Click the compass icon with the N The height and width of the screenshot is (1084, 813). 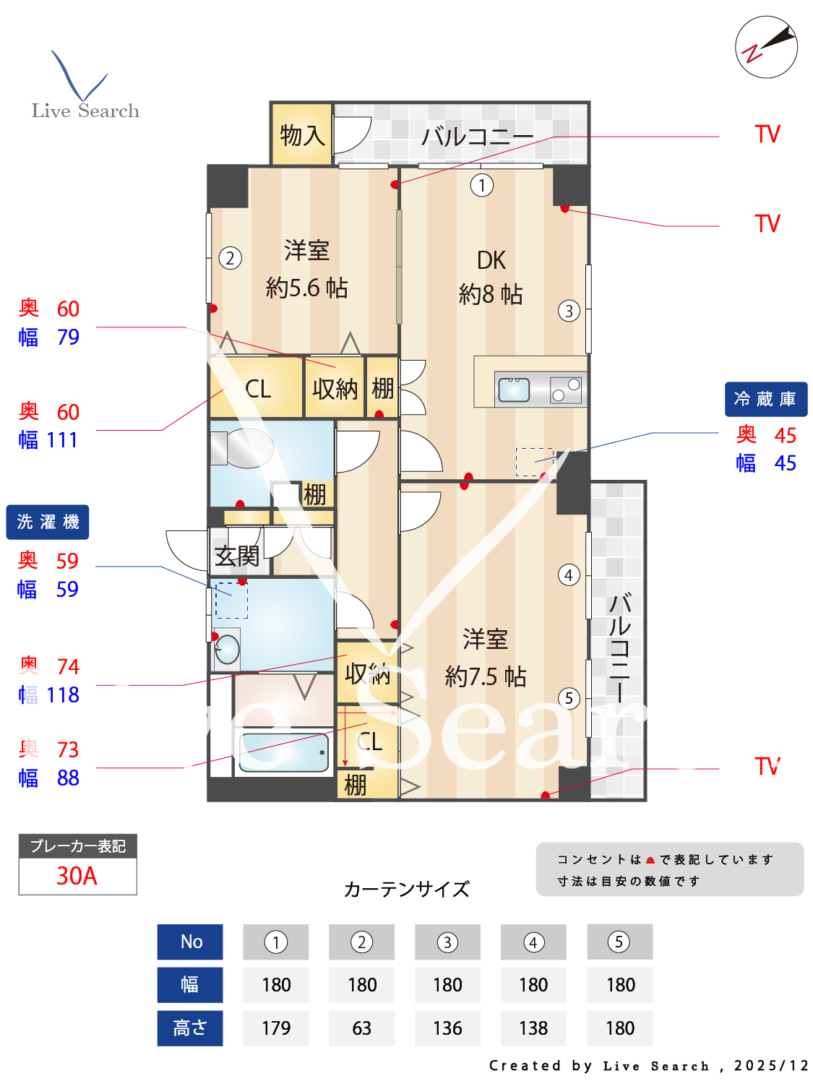766,47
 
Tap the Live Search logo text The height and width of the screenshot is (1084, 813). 85,111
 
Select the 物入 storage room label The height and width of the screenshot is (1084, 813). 302,135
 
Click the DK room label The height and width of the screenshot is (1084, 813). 491,260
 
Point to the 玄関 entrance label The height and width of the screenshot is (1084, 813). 237,556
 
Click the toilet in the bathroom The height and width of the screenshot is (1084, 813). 242,448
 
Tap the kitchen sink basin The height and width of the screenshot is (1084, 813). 514,390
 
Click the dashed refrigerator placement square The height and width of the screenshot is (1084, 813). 534,462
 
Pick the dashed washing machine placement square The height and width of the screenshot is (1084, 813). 231,600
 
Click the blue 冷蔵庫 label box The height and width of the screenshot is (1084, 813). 765,399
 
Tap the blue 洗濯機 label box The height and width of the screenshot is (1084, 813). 48,522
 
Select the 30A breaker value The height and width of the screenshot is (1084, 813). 77,876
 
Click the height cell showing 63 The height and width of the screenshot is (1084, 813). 361,1028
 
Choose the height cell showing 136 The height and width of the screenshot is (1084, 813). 447,1028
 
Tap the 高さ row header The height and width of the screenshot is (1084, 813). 190,1028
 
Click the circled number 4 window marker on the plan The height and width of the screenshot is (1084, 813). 569,575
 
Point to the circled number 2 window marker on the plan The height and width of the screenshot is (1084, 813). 230,258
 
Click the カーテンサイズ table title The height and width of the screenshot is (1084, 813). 406,889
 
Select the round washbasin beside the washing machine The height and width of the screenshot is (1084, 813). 227,649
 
